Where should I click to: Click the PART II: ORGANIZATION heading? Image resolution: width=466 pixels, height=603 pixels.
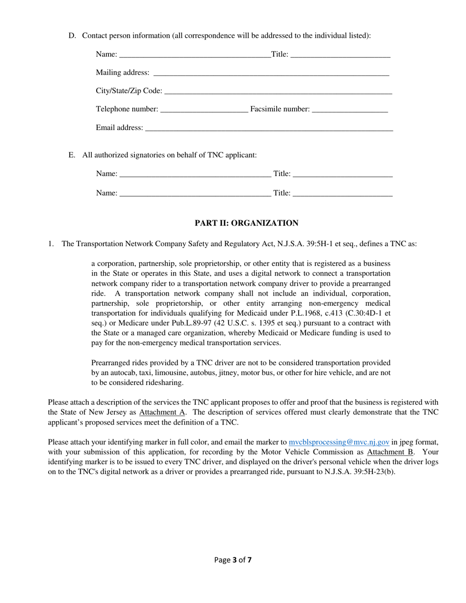[x=246, y=224]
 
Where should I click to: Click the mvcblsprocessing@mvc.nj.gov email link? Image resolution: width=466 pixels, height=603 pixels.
[x=339, y=442]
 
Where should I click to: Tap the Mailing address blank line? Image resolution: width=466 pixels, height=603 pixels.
[x=271, y=73]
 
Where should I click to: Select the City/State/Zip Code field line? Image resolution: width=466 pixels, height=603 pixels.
[x=278, y=91]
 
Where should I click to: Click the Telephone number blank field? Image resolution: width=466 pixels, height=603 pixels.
[x=204, y=109]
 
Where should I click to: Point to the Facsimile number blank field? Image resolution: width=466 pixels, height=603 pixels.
[x=349, y=109]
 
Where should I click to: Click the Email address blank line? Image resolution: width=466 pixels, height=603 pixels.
[x=269, y=128]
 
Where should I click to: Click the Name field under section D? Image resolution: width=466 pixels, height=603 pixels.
[x=194, y=54]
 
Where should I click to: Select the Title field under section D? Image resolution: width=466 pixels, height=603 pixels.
[x=340, y=54]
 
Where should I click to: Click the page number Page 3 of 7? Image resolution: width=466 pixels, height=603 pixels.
[x=233, y=560]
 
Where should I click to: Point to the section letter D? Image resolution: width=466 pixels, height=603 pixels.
[x=72, y=36]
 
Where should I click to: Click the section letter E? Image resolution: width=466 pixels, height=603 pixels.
[x=72, y=155]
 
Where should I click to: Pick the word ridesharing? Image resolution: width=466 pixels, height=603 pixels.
[x=162, y=383]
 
